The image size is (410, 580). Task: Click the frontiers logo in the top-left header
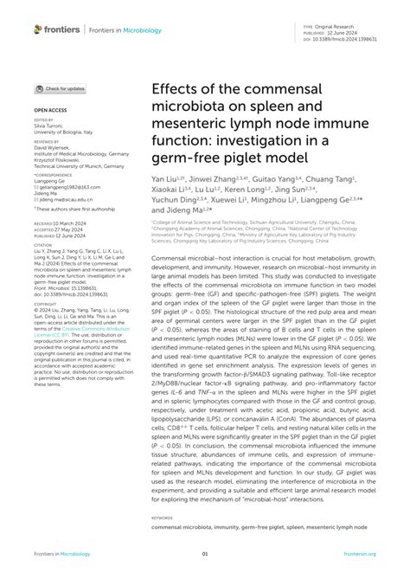(57, 29)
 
